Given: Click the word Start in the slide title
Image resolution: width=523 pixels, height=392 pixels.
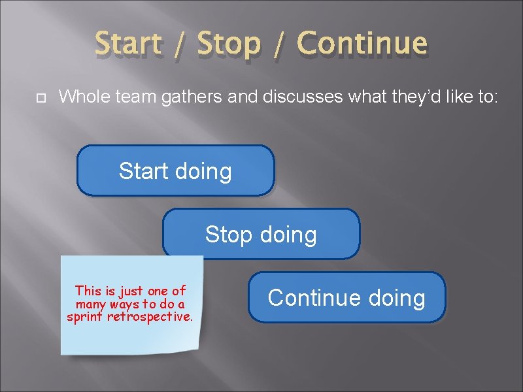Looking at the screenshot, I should pos(128,44).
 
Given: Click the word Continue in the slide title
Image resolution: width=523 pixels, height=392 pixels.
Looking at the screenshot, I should pos(362,44).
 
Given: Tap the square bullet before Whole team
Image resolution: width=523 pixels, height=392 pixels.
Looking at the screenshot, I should pos(39,98).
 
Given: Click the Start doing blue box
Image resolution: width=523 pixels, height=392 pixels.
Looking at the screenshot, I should pos(175,171).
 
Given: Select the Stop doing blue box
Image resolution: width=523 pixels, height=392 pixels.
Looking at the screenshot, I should pos(261,234).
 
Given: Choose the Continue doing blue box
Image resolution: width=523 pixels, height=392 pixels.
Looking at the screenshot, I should pos(346,298).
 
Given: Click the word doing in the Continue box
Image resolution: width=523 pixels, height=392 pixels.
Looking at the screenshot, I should pos(396,298).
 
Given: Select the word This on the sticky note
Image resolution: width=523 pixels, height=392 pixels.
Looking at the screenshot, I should pos(88,291).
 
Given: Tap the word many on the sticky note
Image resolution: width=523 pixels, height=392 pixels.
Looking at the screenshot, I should pos(90,304).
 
